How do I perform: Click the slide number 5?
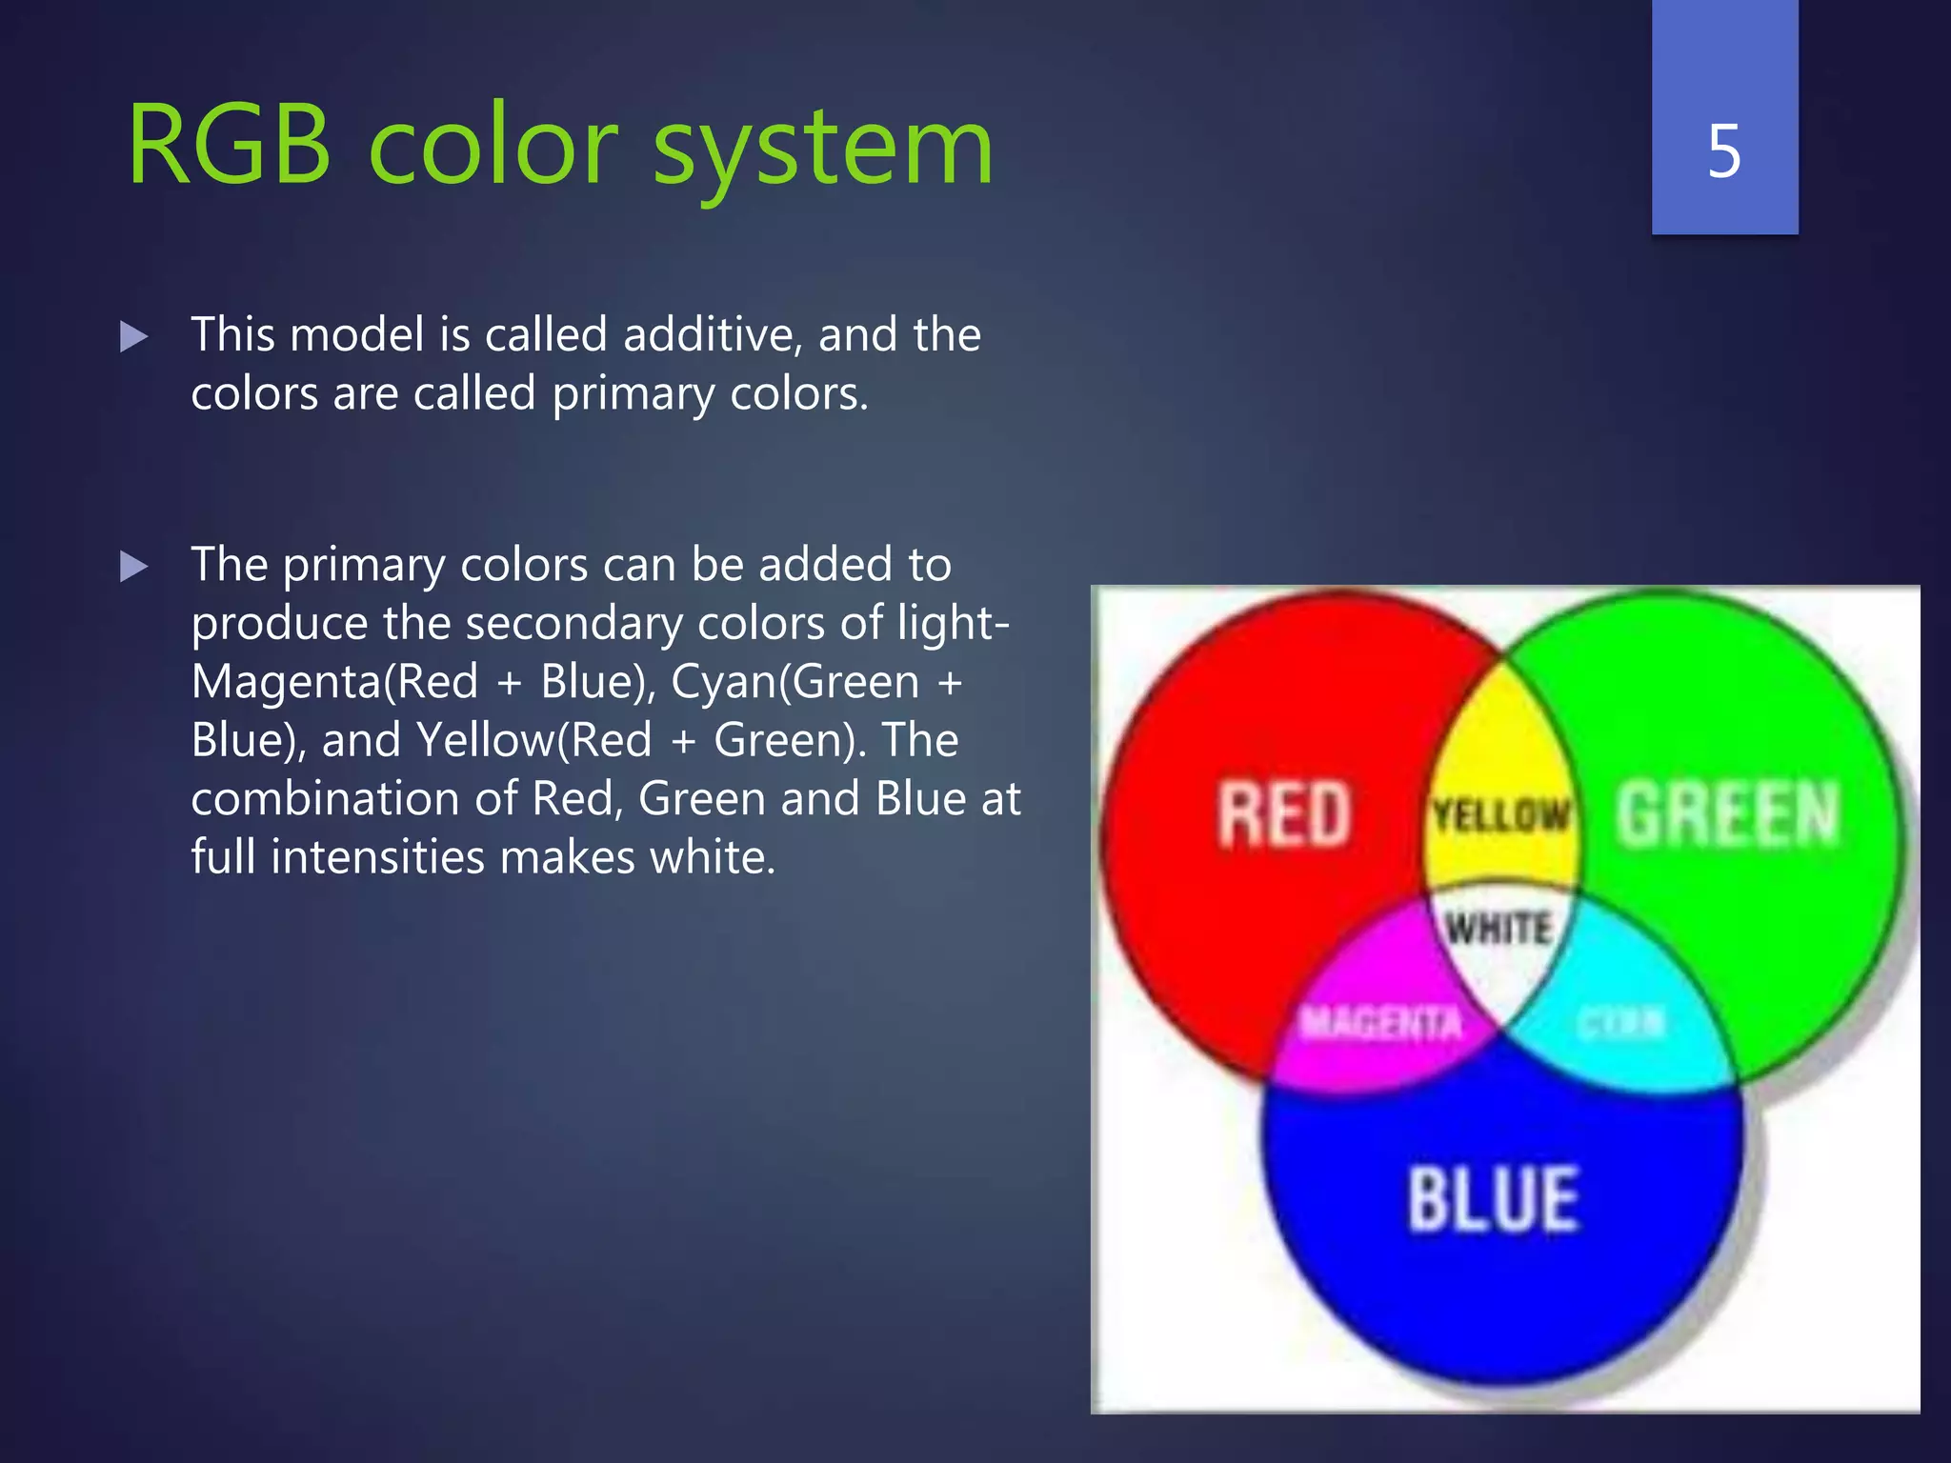pos(1724,151)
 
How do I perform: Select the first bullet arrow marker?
pos(134,336)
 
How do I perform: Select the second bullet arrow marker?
pos(134,567)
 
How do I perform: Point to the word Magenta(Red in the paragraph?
pos(334,682)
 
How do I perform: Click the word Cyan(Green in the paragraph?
pos(794,682)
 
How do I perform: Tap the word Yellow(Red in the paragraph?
pos(534,740)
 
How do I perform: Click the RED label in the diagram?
pos(1284,814)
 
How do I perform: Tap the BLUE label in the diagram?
pos(1493,1199)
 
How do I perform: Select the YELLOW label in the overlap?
pos(1500,815)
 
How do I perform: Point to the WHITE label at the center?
pos(1498,928)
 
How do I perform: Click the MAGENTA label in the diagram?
pos(1380,1023)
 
